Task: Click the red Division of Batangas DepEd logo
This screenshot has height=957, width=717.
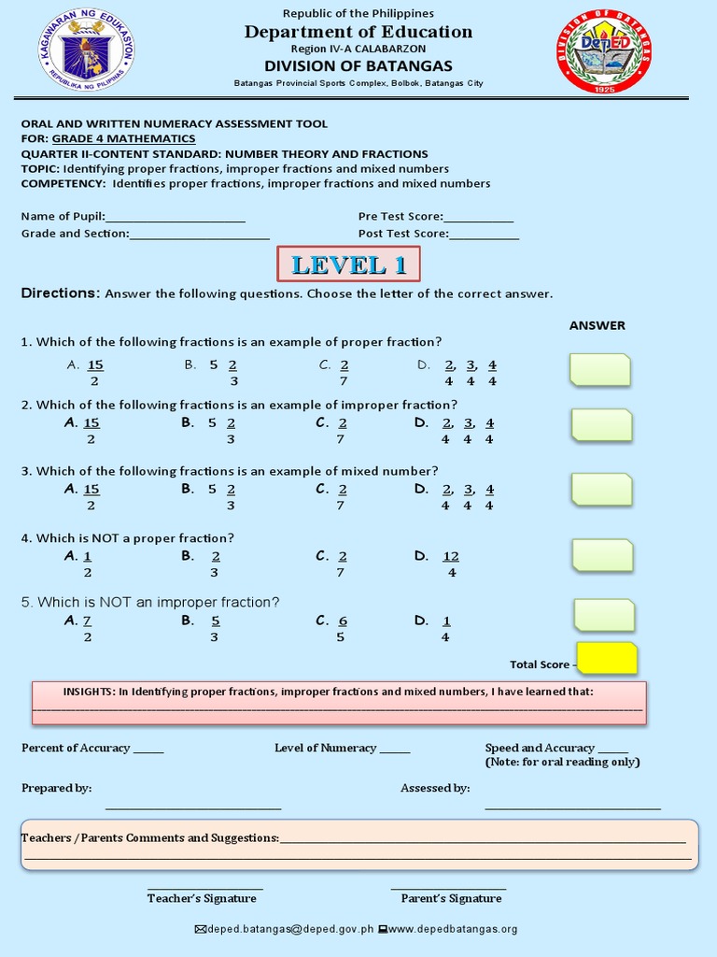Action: (608, 50)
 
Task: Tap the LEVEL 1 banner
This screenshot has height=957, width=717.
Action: (348, 264)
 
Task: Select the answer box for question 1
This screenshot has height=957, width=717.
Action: (599, 370)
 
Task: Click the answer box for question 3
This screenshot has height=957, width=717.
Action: (601, 490)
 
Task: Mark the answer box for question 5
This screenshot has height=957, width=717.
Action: (603, 615)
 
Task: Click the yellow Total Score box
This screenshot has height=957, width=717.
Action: (607, 659)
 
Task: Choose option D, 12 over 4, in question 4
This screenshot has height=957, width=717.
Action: (450, 564)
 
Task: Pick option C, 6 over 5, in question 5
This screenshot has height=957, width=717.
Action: (341, 628)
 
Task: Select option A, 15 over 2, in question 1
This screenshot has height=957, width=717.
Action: (93, 373)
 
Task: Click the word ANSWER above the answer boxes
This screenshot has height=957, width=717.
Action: (597, 325)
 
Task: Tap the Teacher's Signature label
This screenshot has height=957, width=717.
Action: (202, 898)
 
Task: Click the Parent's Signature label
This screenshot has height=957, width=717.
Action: (451, 898)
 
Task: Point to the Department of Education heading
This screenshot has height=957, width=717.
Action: (358, 32)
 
